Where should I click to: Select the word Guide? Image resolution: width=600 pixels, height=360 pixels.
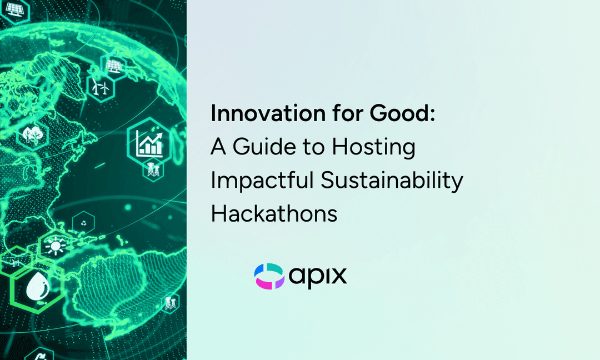click(x=264, y=147)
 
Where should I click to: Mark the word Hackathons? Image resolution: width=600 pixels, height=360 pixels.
click(x=274, y=213)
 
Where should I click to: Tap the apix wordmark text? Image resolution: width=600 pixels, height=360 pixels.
click(x=318, y=276)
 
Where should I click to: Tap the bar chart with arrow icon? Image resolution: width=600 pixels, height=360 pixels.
click(x=151, y=142)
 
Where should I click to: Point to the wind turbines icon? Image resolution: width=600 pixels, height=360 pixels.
click(x=99, y=87)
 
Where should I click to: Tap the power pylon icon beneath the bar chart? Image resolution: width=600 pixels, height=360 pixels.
click(x=152, y=170)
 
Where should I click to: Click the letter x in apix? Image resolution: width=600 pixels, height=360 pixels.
click(x=338, y=276)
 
